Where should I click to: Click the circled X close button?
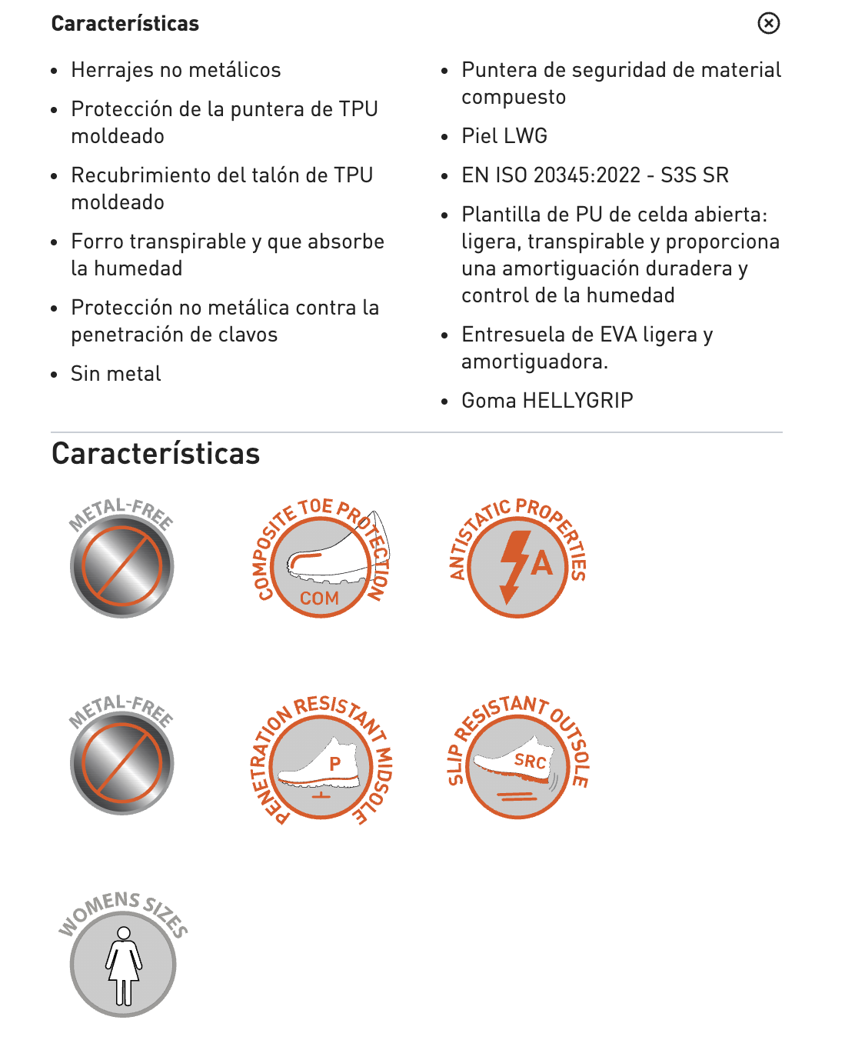[768, 23]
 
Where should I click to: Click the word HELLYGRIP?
[577, 401]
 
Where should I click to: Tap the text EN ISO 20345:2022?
[551, 175]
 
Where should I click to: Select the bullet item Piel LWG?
[504, 136]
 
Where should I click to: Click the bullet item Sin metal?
[116, 374]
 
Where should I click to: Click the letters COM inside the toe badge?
[319, 598]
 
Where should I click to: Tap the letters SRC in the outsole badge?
[531, 762]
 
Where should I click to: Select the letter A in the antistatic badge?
[542, 563]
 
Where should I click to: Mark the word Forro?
[98, 242]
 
